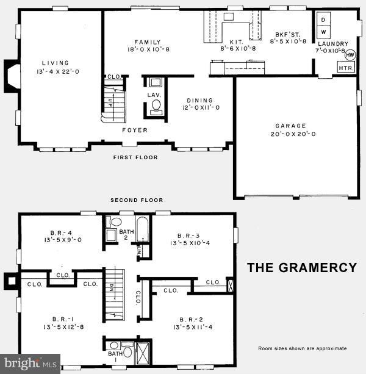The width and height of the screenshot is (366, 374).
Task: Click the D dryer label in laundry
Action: pos(323,19)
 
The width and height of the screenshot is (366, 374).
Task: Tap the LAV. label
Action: pos(154,95)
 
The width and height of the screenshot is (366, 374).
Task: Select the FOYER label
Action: pos(135,130)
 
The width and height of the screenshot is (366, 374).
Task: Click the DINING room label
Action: pos(199,101)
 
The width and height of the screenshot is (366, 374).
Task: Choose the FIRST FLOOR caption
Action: pos(135,157)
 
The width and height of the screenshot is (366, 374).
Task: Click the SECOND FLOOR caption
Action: pos(137,200)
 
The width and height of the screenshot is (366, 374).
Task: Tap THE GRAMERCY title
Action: pos(301,267)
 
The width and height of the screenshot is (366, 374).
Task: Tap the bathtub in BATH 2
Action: pos(142,231)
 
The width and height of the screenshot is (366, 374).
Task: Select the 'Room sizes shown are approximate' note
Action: pos(302,348)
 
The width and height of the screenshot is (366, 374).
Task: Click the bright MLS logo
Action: pos(30,364)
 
